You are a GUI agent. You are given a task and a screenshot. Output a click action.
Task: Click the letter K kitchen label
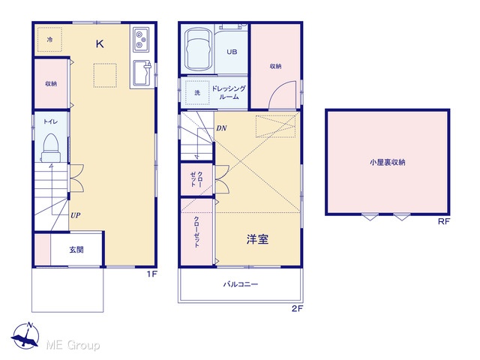[100, 44]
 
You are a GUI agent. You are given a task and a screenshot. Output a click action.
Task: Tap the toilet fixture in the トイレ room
[50, 148]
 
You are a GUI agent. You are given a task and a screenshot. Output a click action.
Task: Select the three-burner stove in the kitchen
[141, 40]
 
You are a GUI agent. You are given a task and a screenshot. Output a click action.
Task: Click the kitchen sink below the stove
[142, 73]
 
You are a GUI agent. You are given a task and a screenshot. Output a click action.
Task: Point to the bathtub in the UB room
[198, 49]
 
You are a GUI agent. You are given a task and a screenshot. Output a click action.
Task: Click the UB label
[232, 52]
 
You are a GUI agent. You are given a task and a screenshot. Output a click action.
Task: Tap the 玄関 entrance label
[76, 250]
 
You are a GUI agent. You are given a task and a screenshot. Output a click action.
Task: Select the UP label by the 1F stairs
[75, 215]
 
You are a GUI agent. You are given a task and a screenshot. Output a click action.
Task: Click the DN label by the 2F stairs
[221, 128]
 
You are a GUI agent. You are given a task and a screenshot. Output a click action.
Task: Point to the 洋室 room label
[257, 239]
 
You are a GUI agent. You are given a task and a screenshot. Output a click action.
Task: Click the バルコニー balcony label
[240, 284]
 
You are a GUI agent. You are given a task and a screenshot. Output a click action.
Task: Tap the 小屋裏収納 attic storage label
[387, 162]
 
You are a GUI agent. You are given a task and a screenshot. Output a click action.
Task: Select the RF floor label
[443, 221]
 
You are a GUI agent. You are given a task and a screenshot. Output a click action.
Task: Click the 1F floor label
[151, 274]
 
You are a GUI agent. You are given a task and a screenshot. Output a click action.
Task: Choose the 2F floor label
[297, 308]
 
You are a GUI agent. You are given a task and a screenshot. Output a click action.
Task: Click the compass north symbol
[25, 335]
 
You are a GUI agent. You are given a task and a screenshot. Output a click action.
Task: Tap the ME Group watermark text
[73, 345]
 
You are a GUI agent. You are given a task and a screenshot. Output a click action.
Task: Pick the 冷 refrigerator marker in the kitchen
[49, 40]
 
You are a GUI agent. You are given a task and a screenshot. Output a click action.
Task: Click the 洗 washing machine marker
[197, 92]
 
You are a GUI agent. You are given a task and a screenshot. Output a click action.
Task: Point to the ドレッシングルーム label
[229, 92]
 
